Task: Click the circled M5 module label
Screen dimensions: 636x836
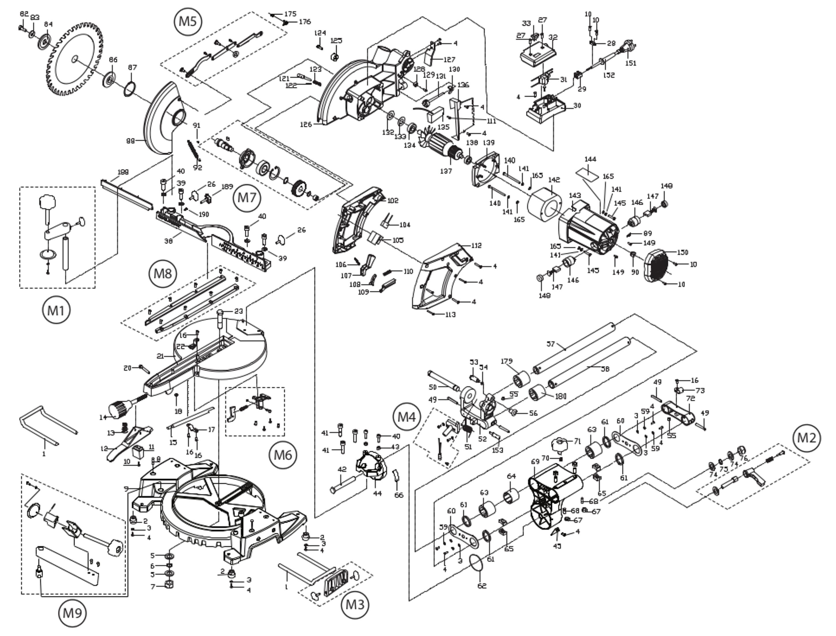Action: coord(188,22)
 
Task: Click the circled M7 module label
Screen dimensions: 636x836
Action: coord(246,198)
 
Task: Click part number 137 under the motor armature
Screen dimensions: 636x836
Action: coord(446,171)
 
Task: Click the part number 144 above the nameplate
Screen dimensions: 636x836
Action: coord(590,159)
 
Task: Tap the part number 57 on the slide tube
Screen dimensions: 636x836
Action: coord(550,344)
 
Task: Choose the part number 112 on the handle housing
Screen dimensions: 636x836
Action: coord(476,246)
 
